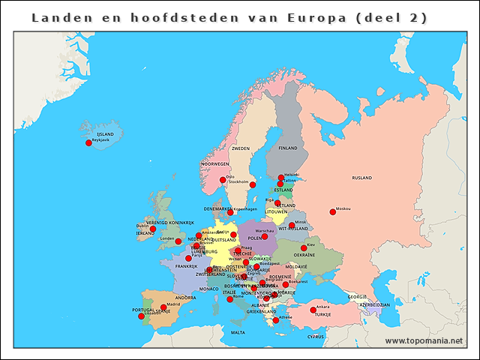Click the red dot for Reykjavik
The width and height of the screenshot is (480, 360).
point(88,142)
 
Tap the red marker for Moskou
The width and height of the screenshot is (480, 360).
point(332,211)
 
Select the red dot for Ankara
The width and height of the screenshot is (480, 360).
point(313,310)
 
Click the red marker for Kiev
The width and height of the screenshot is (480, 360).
point(304,247)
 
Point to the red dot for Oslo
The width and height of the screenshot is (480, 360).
point(222,180)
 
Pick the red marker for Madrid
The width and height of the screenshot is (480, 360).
point(163,307)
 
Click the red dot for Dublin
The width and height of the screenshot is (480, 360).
point(153,229)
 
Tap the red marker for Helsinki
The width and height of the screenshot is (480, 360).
point(281,178)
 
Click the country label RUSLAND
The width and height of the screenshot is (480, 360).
point(361,178)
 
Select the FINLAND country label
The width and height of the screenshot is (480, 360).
point(288,148)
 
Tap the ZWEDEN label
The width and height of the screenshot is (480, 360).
point(241,148)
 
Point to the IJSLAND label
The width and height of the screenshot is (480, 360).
point(95,133)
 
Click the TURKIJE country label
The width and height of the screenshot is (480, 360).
point(322,315)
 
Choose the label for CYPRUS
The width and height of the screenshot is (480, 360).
point(316,337)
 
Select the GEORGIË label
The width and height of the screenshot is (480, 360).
point(357,297)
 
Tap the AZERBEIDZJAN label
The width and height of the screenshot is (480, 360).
point(374,305)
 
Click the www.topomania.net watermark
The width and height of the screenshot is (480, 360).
point(423,341)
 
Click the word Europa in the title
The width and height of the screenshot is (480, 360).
point(310,18)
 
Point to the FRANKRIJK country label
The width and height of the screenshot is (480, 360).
point(186,266)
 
